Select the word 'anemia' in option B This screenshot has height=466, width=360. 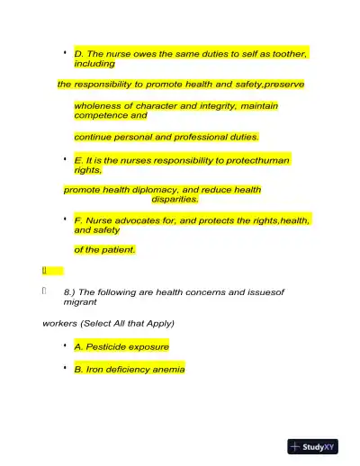(x=167, y=369)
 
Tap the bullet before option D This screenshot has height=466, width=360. (x=66, y=54)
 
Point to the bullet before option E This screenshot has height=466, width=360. (x=66, y=159)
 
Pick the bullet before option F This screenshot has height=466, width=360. (x=66, y=220)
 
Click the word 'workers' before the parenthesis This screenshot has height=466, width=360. (x=58, y=323)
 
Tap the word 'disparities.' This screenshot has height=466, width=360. (x=175, y=200)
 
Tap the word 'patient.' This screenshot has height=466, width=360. (x=116, y=250)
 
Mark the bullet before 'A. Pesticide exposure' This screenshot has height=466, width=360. (x=66, y=345)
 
